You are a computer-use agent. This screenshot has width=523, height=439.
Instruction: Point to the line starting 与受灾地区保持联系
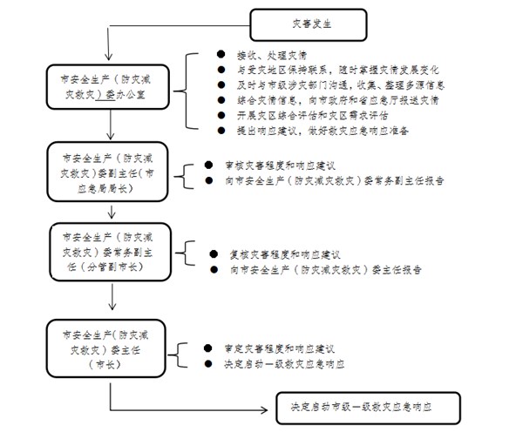pos(331,69)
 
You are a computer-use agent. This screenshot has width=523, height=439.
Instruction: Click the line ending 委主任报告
pos(323,270)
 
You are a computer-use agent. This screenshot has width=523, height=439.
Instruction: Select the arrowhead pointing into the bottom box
pos(267,408)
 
